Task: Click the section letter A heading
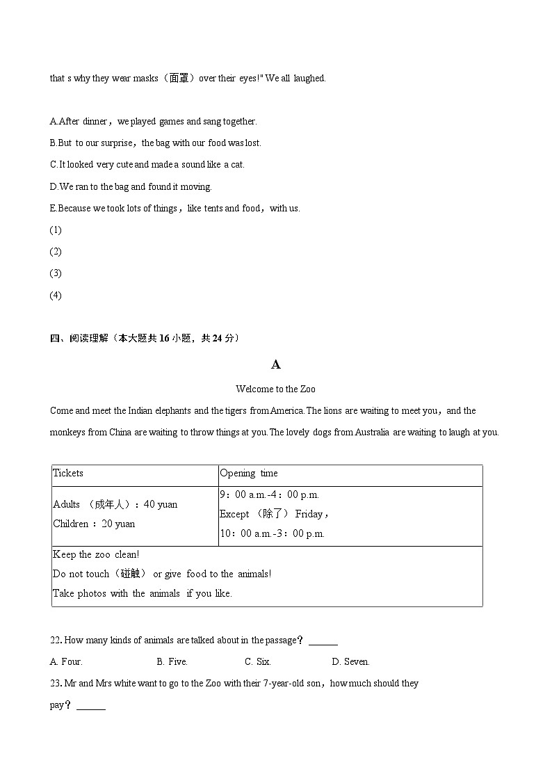(275, 364)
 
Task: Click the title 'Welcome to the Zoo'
(275, 389)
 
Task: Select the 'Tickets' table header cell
(68, 473)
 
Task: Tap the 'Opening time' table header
(248, 473)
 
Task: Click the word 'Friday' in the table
(309, 514)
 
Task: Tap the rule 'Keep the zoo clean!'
(96, 554)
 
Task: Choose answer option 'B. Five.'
(172, 661)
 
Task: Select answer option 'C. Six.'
(258, 661)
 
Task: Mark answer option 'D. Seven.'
(350, 661)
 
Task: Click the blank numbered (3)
(56, 273)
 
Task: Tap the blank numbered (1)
(56, 230)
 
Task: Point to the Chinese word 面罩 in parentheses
(179, 78)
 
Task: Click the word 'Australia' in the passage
(373, 432)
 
